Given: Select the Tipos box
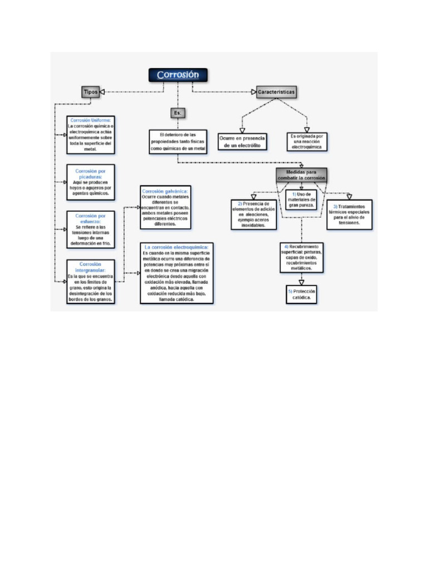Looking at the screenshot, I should click(90, 92).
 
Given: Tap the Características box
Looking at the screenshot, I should click(276, 91).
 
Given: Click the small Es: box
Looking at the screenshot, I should click(177, 113).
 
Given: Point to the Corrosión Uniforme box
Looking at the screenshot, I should click(90, 134).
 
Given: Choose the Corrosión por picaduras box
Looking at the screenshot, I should click(90, 180).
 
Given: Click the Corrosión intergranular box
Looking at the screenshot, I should click(90, 281).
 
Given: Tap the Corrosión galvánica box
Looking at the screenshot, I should click(165, 207).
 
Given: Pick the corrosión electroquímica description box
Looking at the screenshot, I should click(177, 273).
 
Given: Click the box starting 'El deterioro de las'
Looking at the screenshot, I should click(178, 142).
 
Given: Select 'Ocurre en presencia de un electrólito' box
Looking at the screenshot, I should click(242, 141).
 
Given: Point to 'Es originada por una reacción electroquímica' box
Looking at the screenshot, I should click(307, 142).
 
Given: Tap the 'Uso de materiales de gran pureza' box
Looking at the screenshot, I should click(301, 199).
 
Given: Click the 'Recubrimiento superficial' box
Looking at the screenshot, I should click(301, 257).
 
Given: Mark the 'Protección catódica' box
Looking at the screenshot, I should click(301, 295).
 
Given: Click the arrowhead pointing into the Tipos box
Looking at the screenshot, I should click(103, 92).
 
